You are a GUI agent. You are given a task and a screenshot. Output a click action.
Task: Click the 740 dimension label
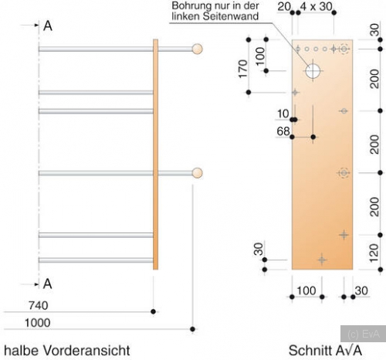pos(39,306)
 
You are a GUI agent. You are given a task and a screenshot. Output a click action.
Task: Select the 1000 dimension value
pos(38,323)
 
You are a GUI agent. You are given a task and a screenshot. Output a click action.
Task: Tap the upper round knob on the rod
pos(198,49)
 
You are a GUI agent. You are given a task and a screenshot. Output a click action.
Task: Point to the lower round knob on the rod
pos(198,173)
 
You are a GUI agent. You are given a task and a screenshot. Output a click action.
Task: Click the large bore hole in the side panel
pos(313,71)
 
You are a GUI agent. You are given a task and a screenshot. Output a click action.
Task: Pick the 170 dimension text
pos(243,69)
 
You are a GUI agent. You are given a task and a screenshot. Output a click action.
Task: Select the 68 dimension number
pos(283,131)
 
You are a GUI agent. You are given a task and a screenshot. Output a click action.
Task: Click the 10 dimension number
pos(283,114)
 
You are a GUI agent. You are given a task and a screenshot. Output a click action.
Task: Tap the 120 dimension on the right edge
pos(374,253)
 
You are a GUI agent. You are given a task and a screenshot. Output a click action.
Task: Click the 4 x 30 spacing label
pos(317,6)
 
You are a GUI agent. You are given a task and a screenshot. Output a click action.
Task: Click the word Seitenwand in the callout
pos(231,16)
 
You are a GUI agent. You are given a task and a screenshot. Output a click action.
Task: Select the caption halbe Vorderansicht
pos(67,351)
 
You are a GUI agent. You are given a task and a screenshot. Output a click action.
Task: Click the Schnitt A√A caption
pos(325,351)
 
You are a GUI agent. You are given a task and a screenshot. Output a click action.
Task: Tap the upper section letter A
pos(48,26)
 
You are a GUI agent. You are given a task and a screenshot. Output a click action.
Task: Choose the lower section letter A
pos(48,284)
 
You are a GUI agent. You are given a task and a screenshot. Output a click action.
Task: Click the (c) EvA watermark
pos(364,334)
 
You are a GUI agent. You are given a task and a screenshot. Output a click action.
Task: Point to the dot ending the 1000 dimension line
pos(192,329)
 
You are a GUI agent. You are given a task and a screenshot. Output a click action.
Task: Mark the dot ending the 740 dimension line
pos(154,312)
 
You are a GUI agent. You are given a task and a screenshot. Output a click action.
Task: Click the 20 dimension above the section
pos(284,6)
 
